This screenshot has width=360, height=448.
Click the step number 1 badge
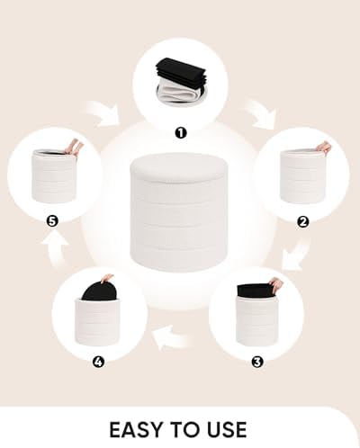click(x=180, y=132)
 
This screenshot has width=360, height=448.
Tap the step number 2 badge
click(x=303, y=220)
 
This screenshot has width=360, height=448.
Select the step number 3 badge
click(x=256, y=363)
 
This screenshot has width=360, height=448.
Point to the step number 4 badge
click(x=97, y=363)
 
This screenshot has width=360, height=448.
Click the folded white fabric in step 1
click(x=176, y=90)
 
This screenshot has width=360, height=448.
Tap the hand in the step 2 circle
click(x=322, y=147)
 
